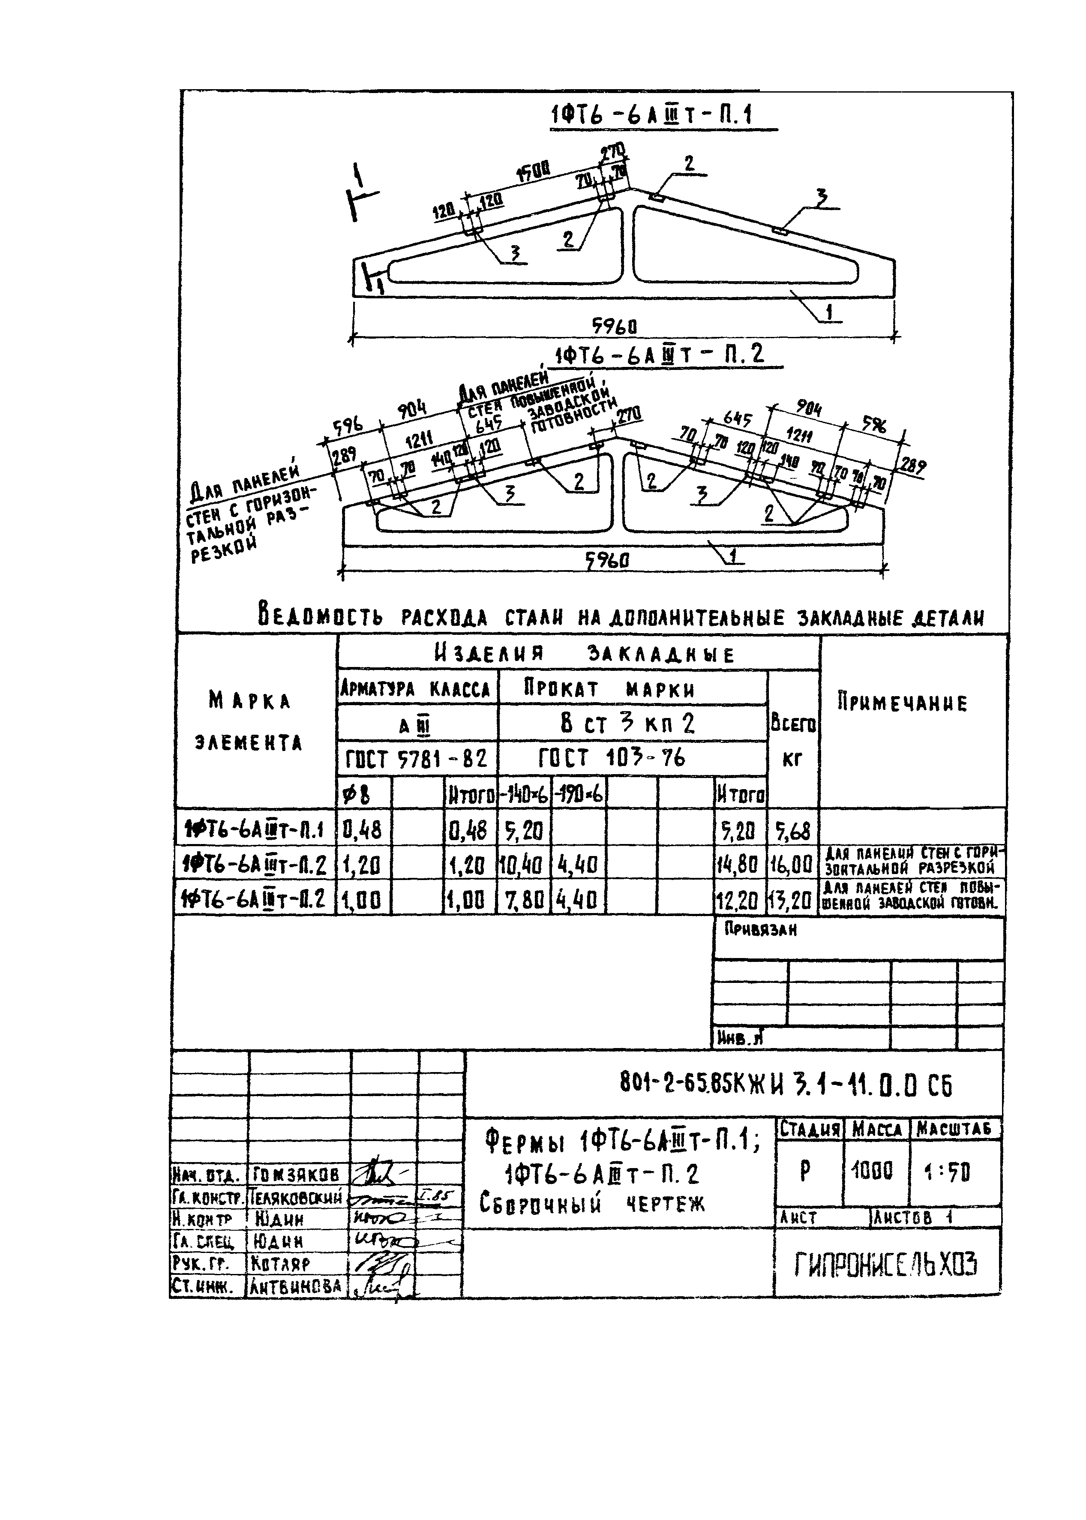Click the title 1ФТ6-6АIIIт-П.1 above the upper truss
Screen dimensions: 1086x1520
tap(651, 116)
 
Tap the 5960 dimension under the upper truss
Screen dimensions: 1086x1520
tap(614, 326)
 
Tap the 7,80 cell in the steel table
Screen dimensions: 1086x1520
tap(524, 901)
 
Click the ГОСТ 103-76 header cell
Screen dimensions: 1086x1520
tap(612, 758)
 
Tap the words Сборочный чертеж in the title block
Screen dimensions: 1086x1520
tap(592, 1223)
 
